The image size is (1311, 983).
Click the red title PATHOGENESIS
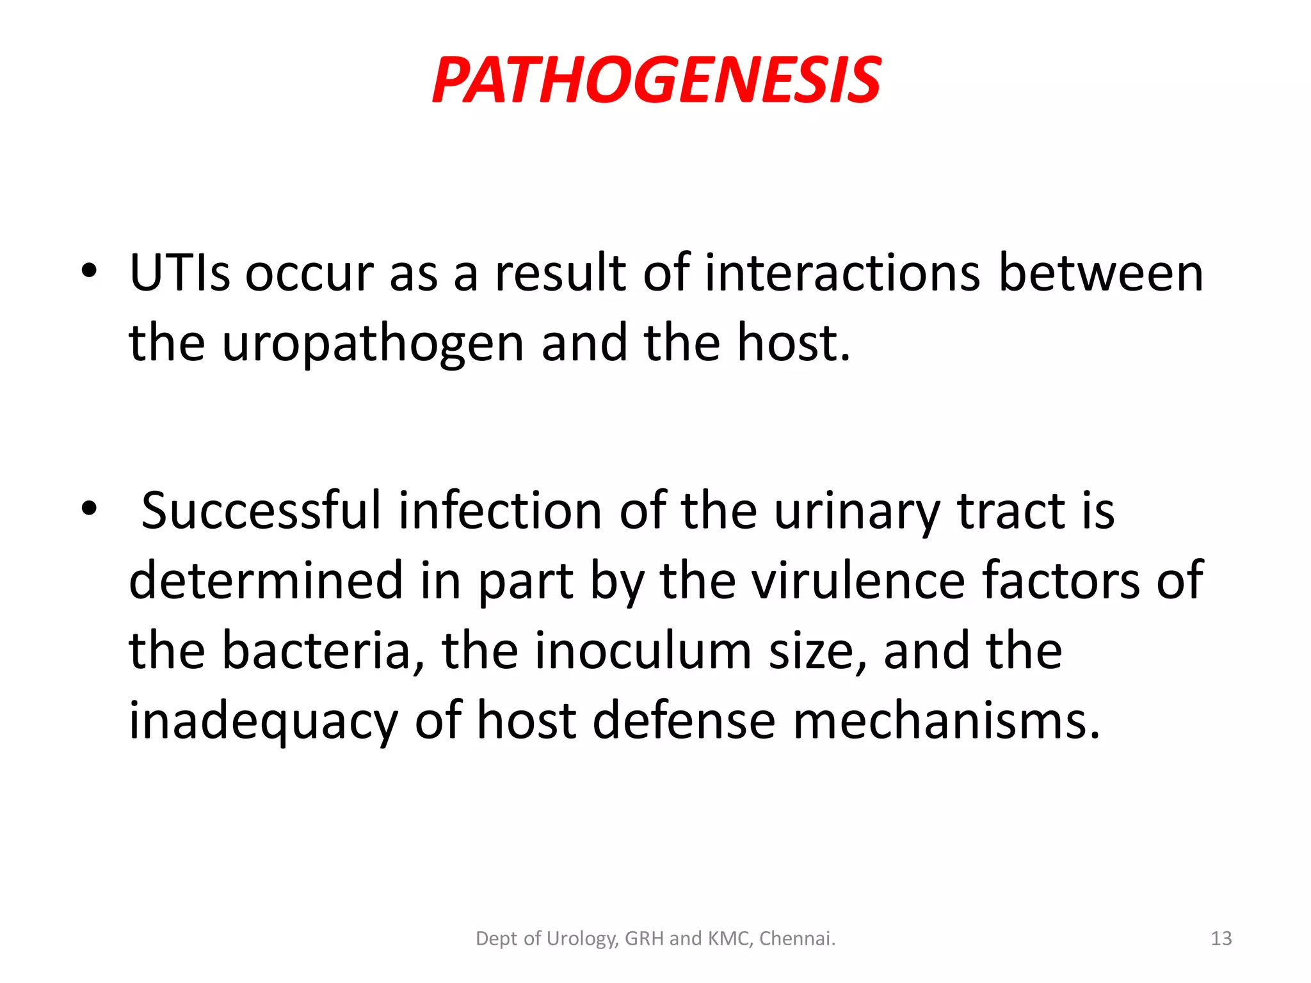[656, 81]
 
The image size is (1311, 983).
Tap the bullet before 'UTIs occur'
[90, 271]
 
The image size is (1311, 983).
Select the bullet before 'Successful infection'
[90, 509]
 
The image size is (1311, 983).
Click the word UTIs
[179, 274]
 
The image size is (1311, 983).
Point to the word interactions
[842, 274]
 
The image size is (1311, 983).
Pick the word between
[1101, 274]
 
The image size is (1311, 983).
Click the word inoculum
[643, 651]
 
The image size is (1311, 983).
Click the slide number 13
[1221, 938]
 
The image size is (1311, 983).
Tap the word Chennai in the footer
[797, 938]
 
